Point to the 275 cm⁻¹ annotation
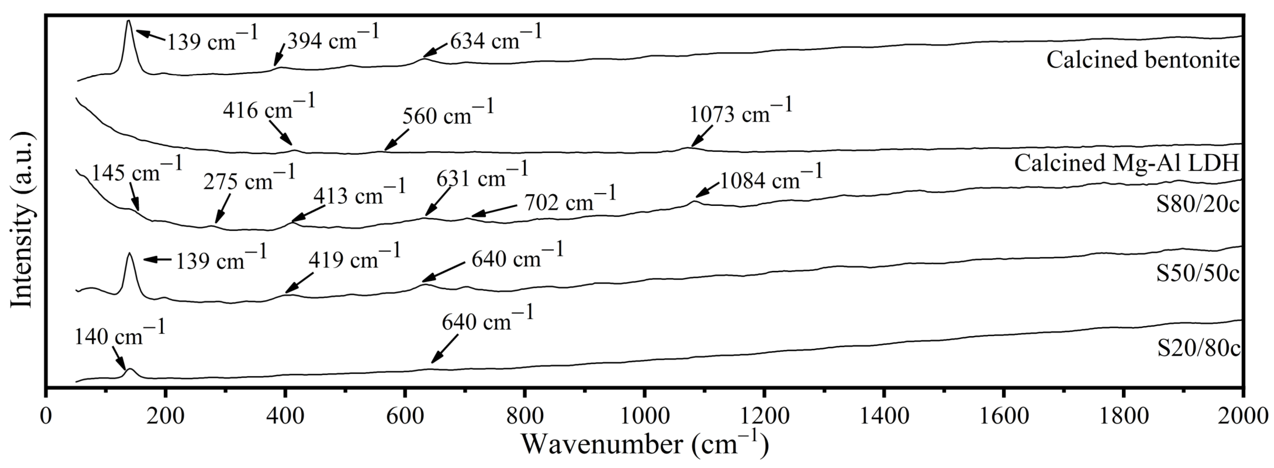[249, 179]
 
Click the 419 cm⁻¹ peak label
[354, 257]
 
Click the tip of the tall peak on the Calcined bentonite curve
[129, 21]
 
